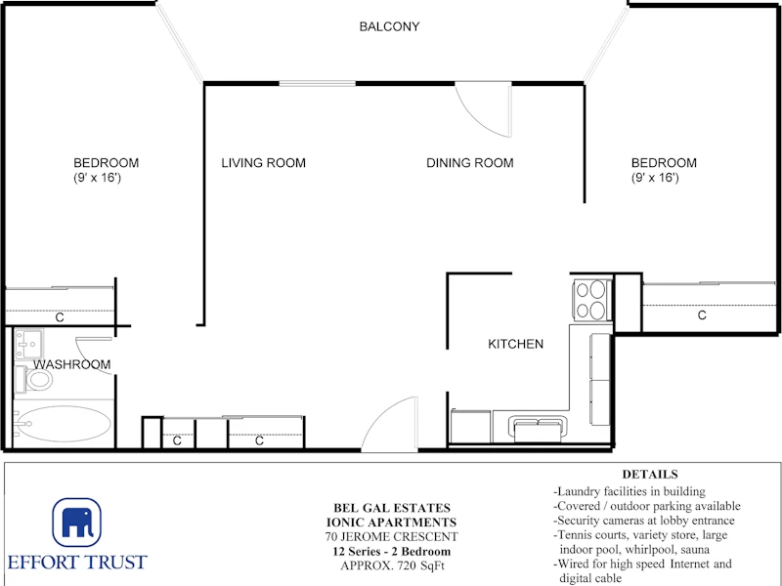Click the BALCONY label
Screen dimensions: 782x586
(x=389, y=26)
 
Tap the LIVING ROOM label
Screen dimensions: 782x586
(x=263, y=163)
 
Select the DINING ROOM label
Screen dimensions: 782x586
(x=470, y=163)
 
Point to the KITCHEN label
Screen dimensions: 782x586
(x=516, y=344)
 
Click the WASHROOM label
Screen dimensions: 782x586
(x=72, y=364)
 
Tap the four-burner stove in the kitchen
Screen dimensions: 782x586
(x=591, y=299)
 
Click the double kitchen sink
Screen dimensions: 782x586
(x=539, y=429)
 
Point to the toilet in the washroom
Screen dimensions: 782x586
(x=33, y=380)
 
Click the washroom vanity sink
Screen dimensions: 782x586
(x=29, y=344)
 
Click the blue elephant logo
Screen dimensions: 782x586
(x=77, y=523)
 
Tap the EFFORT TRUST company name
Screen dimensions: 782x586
(x=77, y=563)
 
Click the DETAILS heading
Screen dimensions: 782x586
(x=650, y=474)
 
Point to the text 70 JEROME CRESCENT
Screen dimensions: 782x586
(x=392, y=536)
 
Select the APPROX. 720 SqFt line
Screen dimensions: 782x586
(x=392, y=565)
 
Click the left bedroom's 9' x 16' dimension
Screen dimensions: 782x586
(x=97, y=178)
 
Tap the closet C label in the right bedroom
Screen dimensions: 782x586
(x=702, y=314)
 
